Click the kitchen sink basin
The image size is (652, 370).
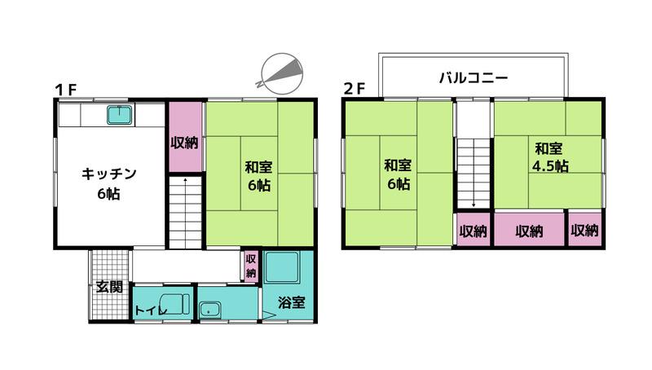coord(120,115)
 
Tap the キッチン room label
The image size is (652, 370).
coord(109,174)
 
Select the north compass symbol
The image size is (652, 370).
coord(281,73)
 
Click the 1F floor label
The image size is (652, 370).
coord(66,90)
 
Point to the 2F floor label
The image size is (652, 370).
coord(355,89)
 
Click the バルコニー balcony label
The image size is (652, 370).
coord(474,77)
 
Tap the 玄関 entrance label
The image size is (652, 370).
coord(109,287)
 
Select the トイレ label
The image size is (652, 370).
coord(151,311)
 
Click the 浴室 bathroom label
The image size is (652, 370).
coord(292,302)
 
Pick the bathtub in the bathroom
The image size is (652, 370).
coord(281,266)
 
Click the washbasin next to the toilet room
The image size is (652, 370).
coord(210,310)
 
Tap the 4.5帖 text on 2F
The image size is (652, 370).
coord(551,166)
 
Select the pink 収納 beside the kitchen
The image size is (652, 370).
coord(185,136)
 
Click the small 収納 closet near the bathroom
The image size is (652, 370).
coord(251,266)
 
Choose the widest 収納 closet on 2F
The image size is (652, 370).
coord(529,230)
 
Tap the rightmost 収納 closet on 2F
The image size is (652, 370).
coord(584,230)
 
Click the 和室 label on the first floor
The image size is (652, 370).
coord(258,167)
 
